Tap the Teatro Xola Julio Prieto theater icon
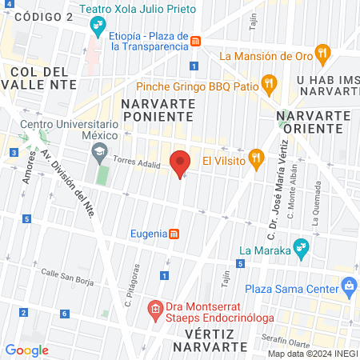coord(98,27)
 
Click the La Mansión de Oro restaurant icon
coord(323,55)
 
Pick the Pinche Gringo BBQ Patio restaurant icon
coord(269,82)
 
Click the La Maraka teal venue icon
coord(301,247)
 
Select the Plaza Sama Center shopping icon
coord(348,286)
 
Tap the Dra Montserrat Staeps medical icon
coord(155,309)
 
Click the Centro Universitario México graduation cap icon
coord(98,150)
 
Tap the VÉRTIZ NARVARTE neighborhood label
coord(210,339)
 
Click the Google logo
coord(27,350)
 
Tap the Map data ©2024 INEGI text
coord(312,354)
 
